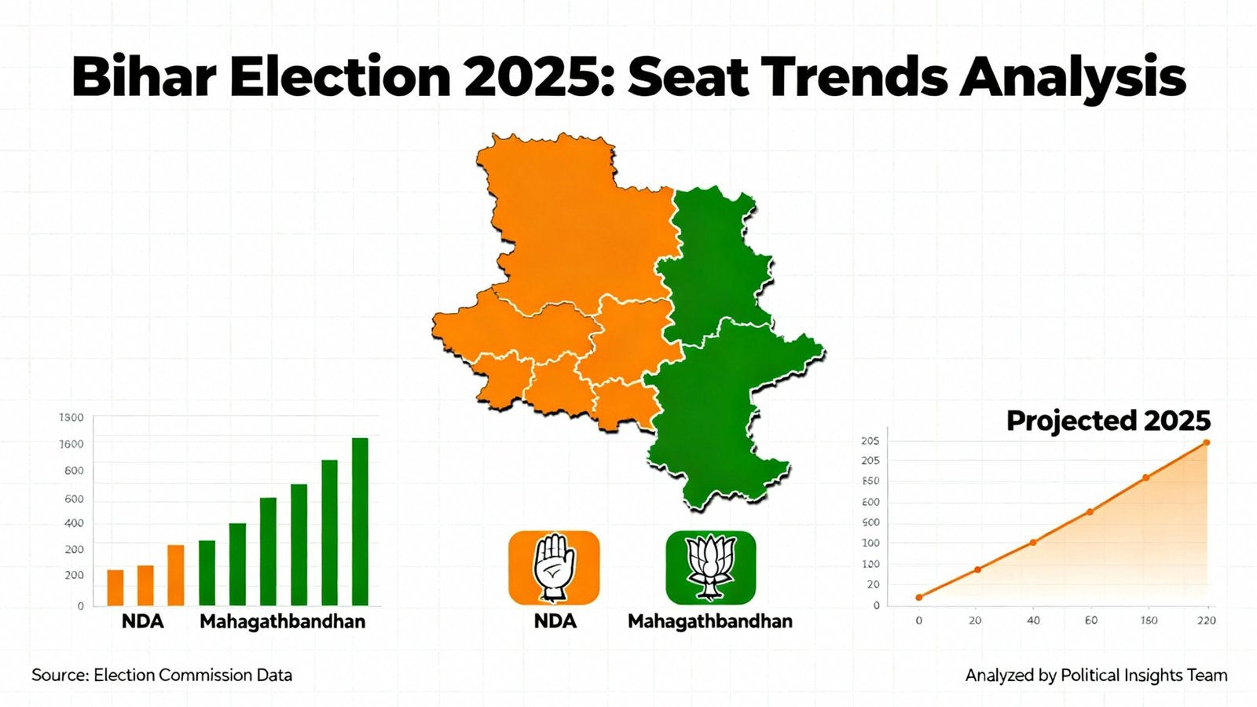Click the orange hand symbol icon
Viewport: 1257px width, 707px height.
554,567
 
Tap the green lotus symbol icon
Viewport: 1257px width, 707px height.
710,567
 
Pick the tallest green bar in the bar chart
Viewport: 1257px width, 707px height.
360,521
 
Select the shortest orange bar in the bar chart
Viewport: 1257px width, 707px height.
115,587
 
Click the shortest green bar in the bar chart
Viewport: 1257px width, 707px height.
207,573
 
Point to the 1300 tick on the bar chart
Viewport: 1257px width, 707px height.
71,418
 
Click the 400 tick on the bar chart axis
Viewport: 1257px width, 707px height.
74,523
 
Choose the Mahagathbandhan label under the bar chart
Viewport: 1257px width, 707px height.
283,621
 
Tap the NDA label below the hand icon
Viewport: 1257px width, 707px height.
555,621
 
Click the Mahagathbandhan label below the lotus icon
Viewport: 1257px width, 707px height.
710,621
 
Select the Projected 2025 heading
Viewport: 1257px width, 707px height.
1109,421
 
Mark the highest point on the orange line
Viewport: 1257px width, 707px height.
1207,443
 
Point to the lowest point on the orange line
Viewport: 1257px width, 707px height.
919,598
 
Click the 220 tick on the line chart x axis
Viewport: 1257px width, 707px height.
1207,620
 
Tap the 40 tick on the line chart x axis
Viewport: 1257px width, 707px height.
1033,620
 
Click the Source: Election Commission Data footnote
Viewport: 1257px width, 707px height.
162,675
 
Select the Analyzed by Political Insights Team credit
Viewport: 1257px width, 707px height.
1096,675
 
